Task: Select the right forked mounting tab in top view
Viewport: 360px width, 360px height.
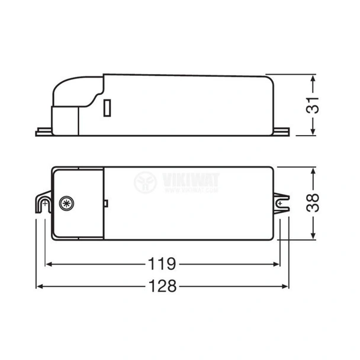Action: click(283, 202)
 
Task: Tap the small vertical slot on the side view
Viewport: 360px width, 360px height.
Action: click(107, 109)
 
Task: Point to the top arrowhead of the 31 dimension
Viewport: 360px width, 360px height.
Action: click(313, 78)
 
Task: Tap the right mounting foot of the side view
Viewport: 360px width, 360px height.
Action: click(283, 130)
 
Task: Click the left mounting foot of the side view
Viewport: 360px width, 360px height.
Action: click(44, 130)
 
